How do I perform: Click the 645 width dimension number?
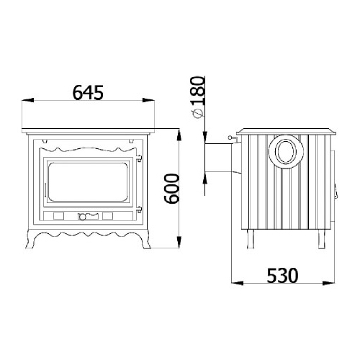[88, 92]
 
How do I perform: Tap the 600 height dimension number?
[171, 189]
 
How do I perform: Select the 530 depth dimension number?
[282, 276]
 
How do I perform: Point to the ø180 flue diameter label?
[198, 97]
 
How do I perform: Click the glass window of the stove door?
[88, 182]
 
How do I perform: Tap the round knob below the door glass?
[82, 217]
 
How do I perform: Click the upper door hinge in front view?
[139, 158]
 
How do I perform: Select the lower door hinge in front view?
[139, 210]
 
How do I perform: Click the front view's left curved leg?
[32, 239]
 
